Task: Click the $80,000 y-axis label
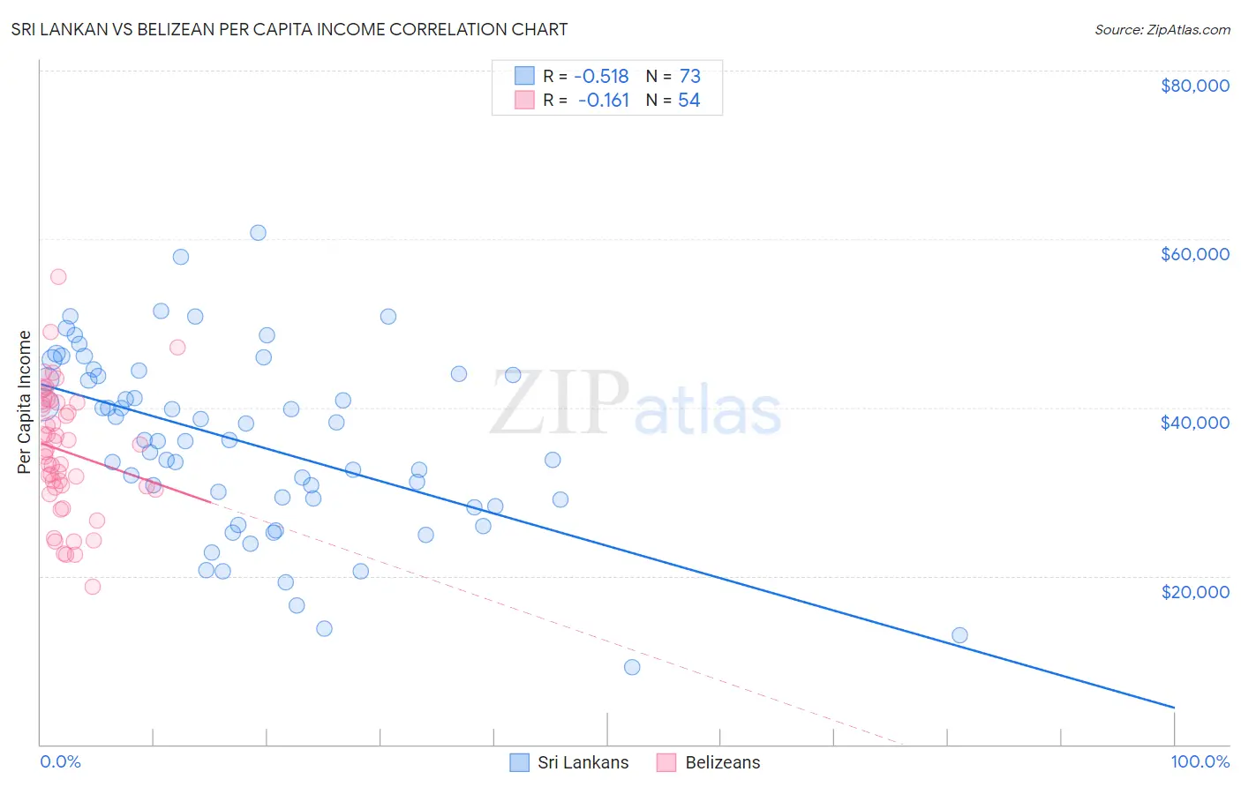(x=1194, y=86)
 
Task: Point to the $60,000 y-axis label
(x=1194, y=254)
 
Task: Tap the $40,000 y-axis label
(x=1194, y=423)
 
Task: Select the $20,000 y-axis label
(x=1194, y=591)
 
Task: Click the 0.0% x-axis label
(x=60, y=761)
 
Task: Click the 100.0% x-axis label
(x=1200, y=761)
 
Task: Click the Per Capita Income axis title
(x=25, y=401)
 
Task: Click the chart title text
(x=290, y=29)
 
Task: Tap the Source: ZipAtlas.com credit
(x=1162, y=30)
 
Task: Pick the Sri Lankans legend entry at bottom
(x=570, y=762)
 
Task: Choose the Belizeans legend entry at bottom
(x=709, y=762)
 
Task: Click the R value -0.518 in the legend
(x=601, y=76)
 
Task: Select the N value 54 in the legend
(x=688, y=101)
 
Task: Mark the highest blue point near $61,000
(x=258, y=233)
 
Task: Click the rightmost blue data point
(x=959, y=635)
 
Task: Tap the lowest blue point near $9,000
(x=632, y=667)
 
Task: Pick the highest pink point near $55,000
(x=58, y=277)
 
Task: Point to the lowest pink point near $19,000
(x=93, y=587)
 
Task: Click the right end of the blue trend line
(x=1174, y=708)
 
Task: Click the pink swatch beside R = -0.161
(x=524, y=101)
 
